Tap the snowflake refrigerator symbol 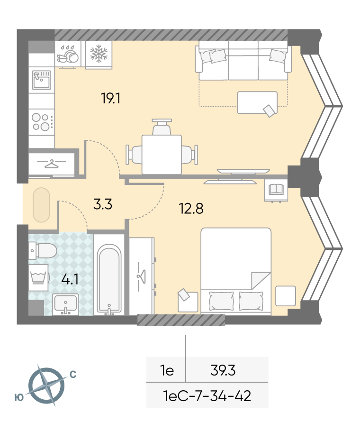tap(99, 54)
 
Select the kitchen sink tap(41, 80)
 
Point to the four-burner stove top tap(41, 122)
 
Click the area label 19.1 tap(110, 98)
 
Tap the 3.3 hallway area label tap(103, 204)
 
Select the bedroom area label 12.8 tap(191, 209)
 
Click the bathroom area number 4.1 tap(70, 279)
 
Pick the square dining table tap(162, 155)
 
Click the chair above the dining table tap(162, 127)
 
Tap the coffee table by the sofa tap(257, 102)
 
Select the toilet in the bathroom tap(43, 250)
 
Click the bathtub tap(109, 279)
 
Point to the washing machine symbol tap(38, 277)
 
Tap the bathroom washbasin tap(65, 304)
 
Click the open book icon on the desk tap(276, 189)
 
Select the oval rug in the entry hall tap(41, 205)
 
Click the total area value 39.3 tap(223, 370)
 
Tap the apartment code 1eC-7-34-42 tap(207, 395)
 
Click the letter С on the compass tap(73, 374)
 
